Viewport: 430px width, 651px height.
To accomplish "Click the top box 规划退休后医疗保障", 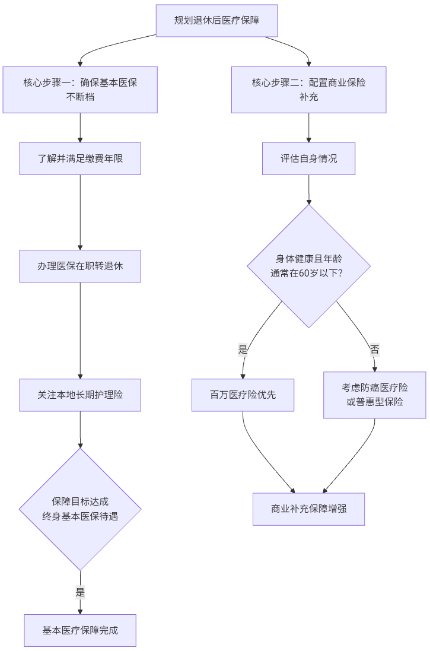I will pyautogui.click(x=216, y=20).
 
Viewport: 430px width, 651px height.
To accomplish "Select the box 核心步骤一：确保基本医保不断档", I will pyautogui.click(x=80, y=90).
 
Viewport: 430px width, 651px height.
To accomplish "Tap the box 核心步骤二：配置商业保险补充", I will pyautogui.click(x=308, y=90).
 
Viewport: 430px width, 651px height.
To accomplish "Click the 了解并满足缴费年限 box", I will pyautogui.click(x=80, y=158).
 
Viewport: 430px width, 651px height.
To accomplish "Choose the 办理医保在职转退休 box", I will pyautogui.click(x=80, y=266).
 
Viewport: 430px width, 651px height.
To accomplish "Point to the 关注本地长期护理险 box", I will pyautogui.click(x=80, y=395).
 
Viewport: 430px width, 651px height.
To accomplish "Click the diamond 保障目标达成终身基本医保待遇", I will pyautogui.click(x=80, y=509).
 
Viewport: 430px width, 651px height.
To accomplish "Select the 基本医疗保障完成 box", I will pyautogui.click(x=80, y=630).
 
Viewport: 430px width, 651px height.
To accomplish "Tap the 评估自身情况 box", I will pyautogui.click(x=308, y=158).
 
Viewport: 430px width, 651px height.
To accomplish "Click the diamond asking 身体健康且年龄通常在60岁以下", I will pyautogui.click(x=308, y=266).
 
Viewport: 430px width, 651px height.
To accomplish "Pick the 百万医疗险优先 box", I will pyautogui.click(x=243, y=395).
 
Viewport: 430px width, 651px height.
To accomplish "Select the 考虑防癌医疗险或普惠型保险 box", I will pyautogui.click(x=374, y=395).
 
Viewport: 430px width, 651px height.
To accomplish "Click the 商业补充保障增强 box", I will pyautogui.click(x=308, y=509).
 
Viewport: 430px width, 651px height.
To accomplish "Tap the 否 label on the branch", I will pyautogui.click(x=374, y=350).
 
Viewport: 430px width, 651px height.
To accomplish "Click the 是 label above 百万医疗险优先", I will pyautogui.click(x=243, y=350).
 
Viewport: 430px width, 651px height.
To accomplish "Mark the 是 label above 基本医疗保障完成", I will pyautogui.click(x=80, y=592).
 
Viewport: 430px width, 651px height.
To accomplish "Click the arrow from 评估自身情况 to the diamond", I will pyautogui.click(x=308, y=190).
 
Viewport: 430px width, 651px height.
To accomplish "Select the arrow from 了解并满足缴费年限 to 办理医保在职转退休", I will pyautogui.click(x=80, y=212).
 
